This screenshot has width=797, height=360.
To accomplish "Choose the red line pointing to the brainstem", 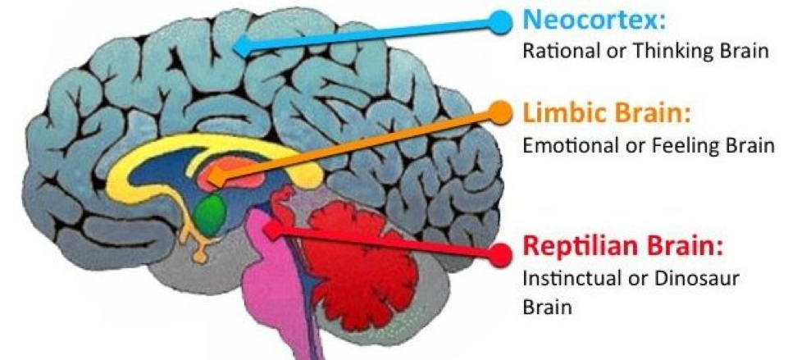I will tap(385, 242).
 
